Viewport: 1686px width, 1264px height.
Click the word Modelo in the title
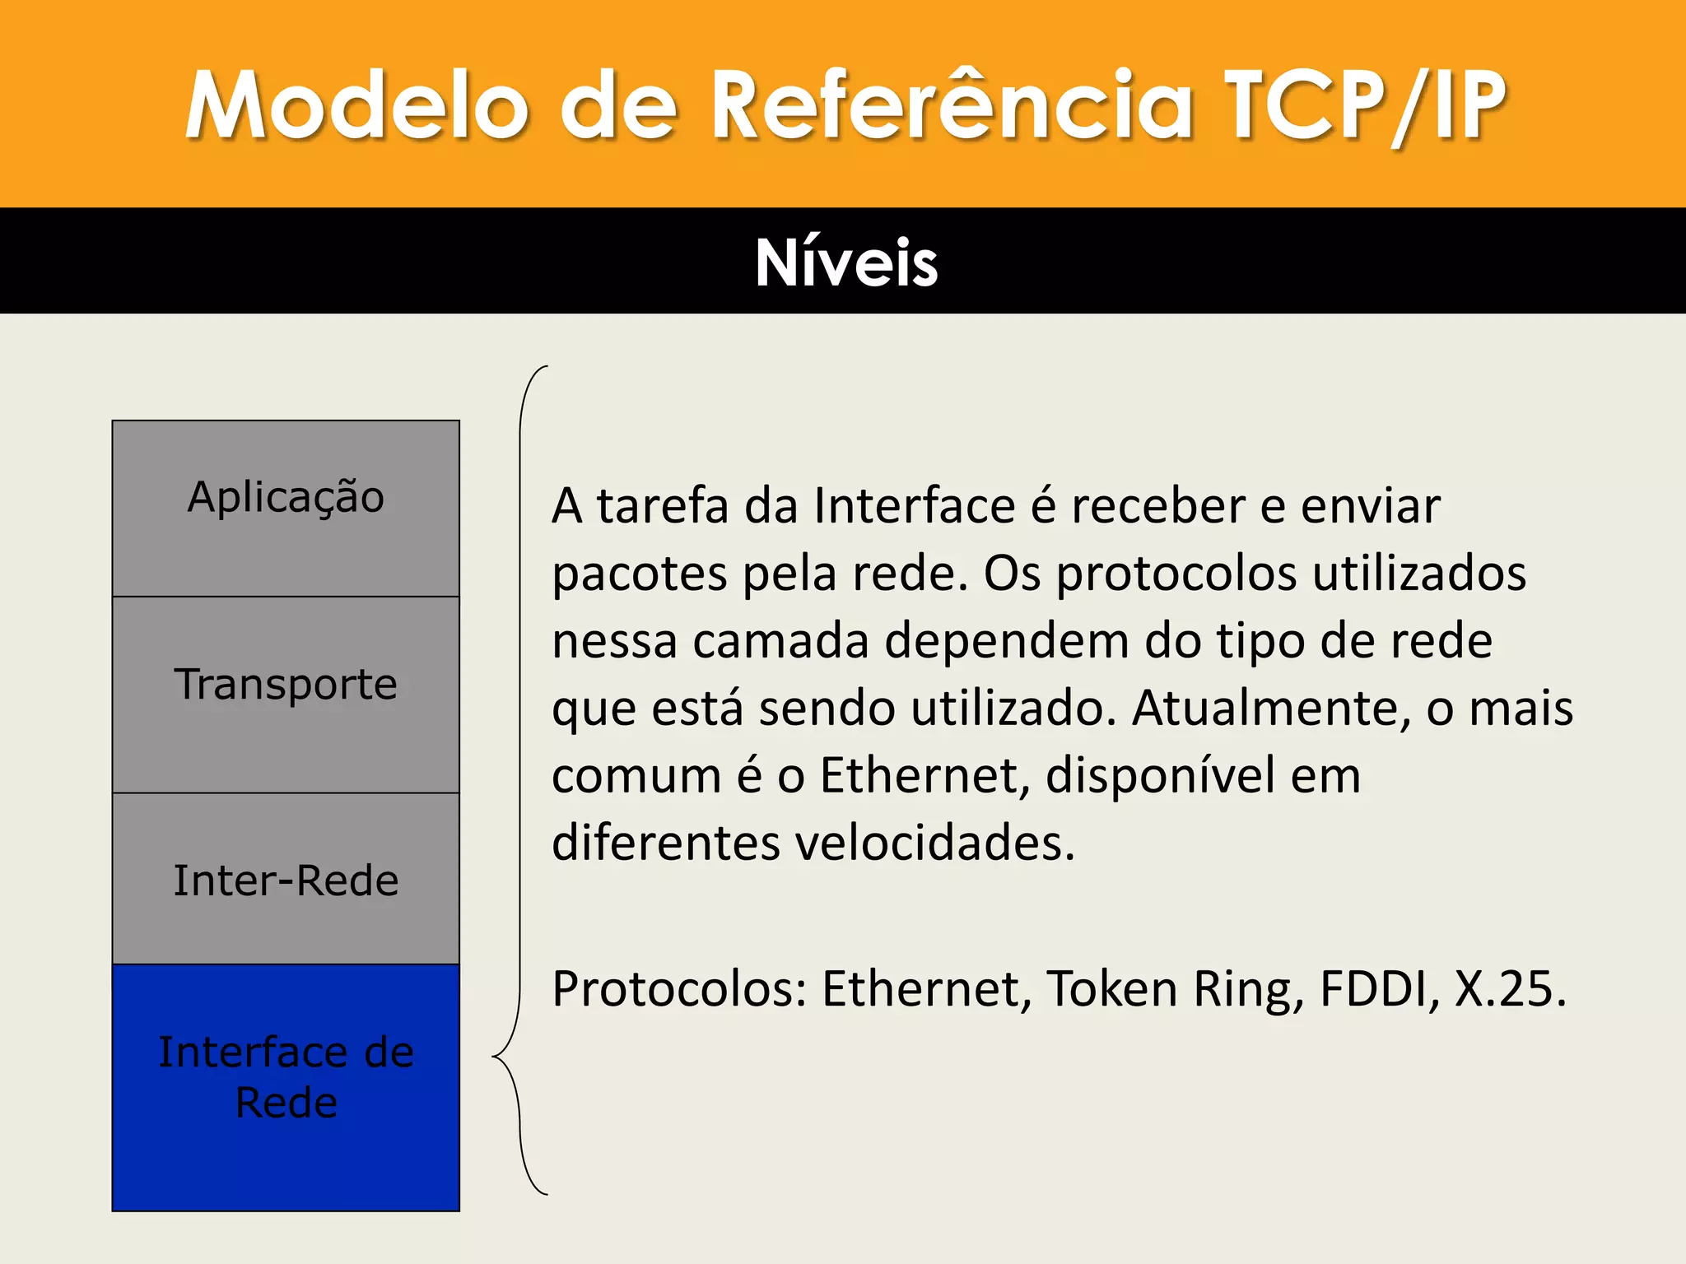coord(356,105)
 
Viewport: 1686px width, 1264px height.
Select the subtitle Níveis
coord(845,263)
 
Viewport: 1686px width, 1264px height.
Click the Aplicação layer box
coord(286,508)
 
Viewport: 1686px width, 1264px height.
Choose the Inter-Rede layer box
coord(286,879)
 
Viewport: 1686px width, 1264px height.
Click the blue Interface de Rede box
coord(286,1086)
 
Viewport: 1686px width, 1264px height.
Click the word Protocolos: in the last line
coord(679,988)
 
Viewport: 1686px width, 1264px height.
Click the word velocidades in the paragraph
coord(935,843)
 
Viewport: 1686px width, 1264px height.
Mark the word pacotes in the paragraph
coord(639,574)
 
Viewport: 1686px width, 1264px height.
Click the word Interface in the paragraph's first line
coord(914,505)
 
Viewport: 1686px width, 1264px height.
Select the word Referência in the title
coord(951,105)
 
